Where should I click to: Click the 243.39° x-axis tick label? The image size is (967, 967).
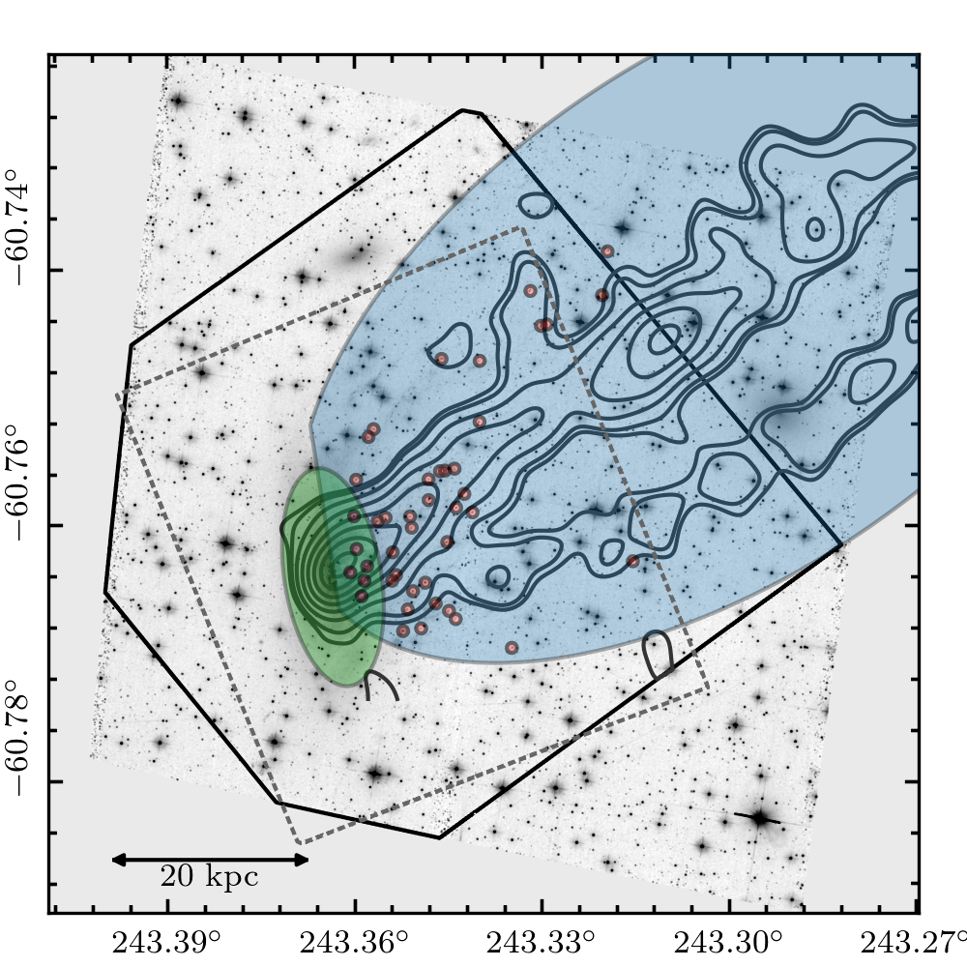[167, 941]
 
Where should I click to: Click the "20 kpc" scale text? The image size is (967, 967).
[209, 878]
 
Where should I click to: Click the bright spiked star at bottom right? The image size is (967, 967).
[761, 819]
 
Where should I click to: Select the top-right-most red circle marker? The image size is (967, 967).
[608, 251]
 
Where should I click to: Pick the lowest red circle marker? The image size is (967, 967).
[512, 647]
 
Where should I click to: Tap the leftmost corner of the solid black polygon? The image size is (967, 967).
[105, 593]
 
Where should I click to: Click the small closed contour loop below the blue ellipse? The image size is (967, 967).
[659, 654]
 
